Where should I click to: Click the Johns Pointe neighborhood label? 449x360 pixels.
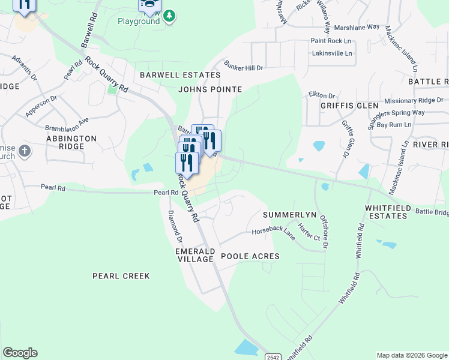tap(210, 89)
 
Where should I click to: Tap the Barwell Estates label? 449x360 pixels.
tap(180, 75)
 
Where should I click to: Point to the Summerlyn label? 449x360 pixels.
tap(289, 214)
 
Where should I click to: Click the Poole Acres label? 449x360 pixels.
tap(250, 256)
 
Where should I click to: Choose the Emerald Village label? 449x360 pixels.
tap(195, 255)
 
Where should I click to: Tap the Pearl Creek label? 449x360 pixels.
tap(121, 276)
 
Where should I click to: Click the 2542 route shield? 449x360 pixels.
tap(273, 356)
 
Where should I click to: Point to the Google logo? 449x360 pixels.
tap(20, 353)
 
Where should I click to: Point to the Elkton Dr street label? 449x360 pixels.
tap(321, 95)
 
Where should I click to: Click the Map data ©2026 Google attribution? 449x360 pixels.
tap(412, 355)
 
